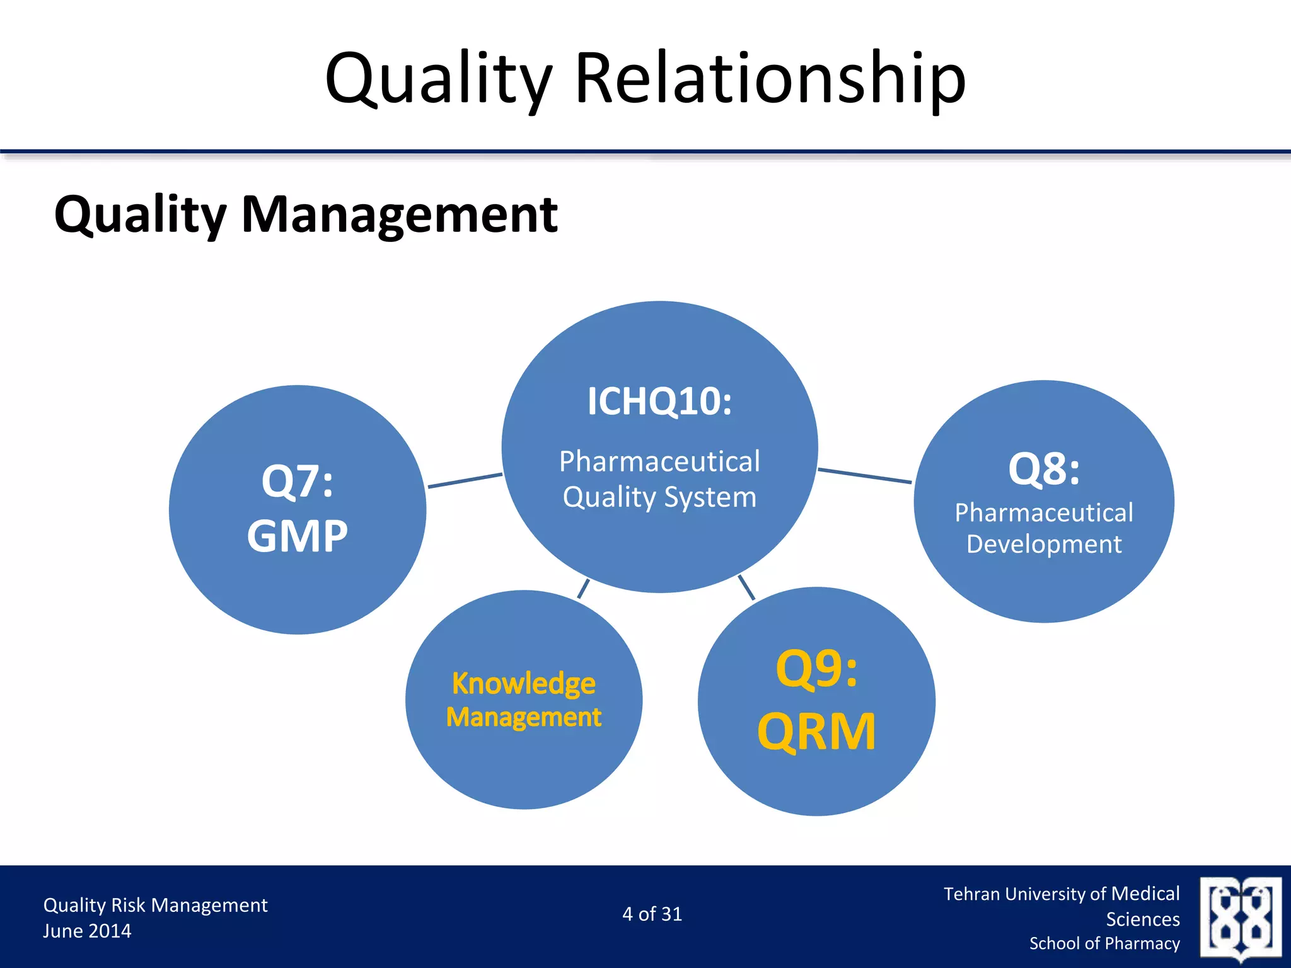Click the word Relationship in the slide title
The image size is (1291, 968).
click(770, 79)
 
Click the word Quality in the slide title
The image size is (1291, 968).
click(438, 79)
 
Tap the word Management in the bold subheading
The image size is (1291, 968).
click(399, 215)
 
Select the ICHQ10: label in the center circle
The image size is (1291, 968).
click(659, 401)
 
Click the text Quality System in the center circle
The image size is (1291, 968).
click(659, 497)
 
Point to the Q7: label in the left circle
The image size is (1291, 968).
click(297, 481)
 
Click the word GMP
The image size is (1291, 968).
click(297, 536)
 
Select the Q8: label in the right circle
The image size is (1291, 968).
click(1044, 470)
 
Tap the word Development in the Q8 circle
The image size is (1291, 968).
click(1044, 544)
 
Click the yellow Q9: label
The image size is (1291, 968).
click(816, 669)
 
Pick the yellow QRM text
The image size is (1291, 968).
click(816, 732)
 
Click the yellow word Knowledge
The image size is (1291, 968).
click(523, 684)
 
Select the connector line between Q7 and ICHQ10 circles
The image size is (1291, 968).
click(465, 480)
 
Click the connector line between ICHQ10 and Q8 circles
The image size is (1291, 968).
click(864, 476)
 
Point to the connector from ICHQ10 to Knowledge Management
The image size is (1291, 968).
click(584, 589)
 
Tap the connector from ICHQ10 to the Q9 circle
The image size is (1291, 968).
click(746, 587)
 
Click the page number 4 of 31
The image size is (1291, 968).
click(652, 914)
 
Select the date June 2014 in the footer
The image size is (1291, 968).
click(87, 931)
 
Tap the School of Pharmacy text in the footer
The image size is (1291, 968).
click(1104, 943)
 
